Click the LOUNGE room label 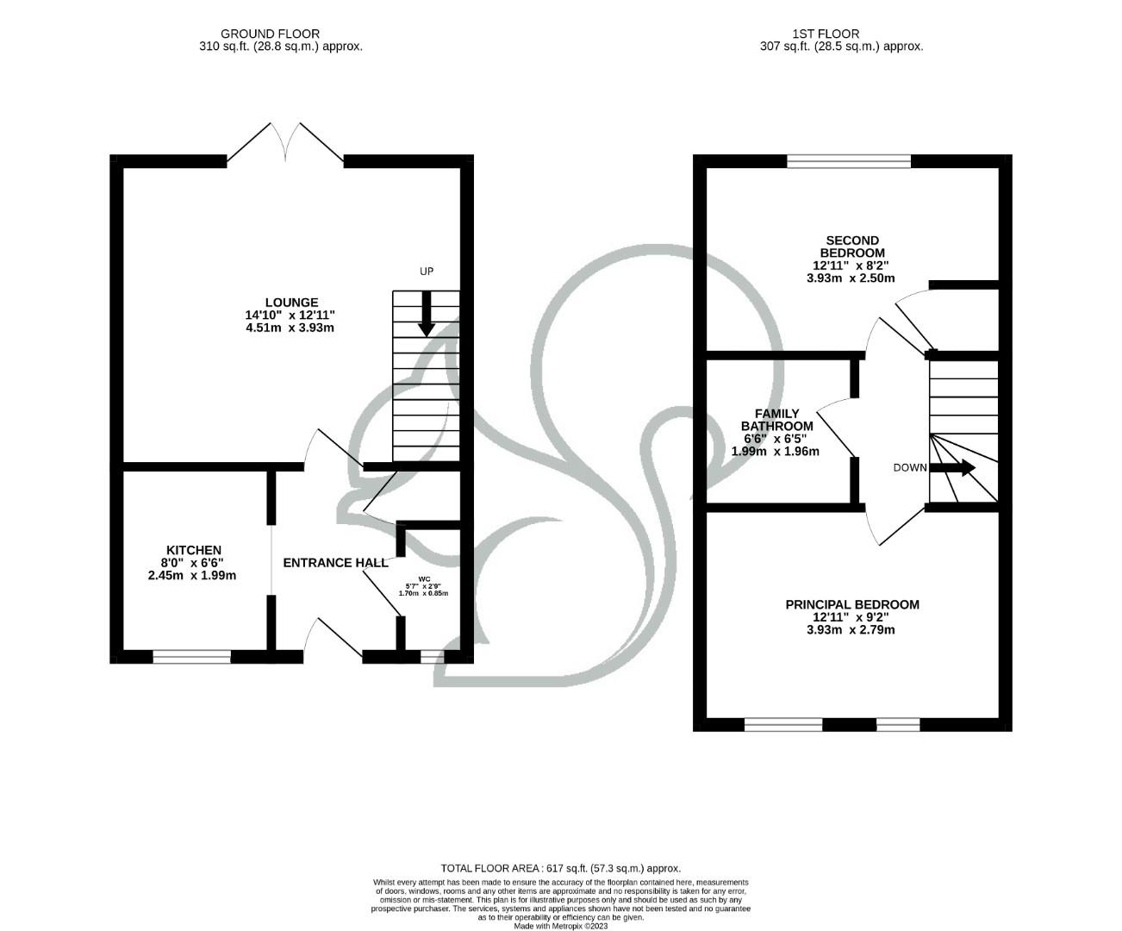291,303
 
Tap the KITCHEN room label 193,550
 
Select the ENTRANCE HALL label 335,563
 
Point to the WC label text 423,579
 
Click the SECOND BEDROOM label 851,247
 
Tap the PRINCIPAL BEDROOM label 851,605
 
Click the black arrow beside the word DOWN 957,468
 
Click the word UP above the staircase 426,272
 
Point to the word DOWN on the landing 909,468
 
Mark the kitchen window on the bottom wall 192,657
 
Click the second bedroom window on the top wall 849,161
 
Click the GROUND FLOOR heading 270,34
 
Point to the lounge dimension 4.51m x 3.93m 290,328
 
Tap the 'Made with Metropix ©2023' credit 561,927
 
